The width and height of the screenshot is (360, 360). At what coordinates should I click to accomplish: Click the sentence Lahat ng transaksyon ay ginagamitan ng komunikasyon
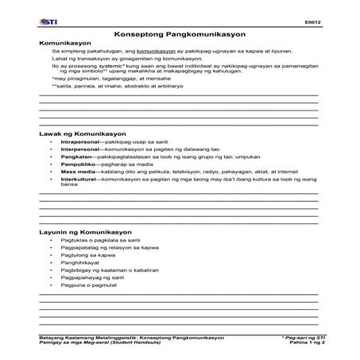121,59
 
